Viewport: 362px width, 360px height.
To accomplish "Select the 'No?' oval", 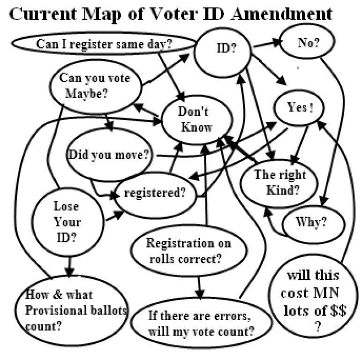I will tap(307, 43).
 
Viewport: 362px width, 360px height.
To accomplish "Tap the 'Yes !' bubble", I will tap(300, 107).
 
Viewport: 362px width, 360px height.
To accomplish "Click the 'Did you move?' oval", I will tap(109, 154).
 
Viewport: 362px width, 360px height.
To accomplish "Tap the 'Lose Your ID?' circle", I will tap(67, 221).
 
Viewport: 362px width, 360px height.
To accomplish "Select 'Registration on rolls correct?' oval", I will tap(188, 251).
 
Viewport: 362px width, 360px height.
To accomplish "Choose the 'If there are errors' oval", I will tap(201, 323).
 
